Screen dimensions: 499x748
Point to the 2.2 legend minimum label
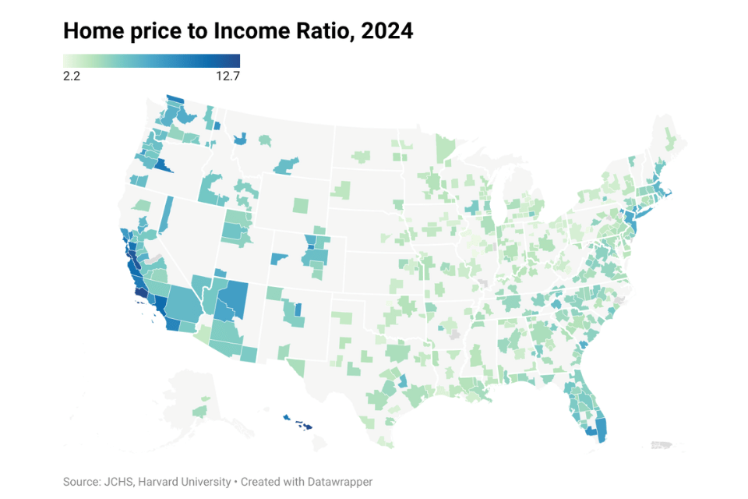point(72,76)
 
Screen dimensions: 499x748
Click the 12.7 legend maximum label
point(227,76)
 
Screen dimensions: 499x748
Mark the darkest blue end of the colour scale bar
point(235,61)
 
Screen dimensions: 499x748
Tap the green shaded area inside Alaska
point(200,409)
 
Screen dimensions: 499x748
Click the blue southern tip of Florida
point(598,430)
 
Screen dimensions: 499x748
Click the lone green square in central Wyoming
point(301,206)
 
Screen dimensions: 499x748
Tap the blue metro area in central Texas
point(403,381)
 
